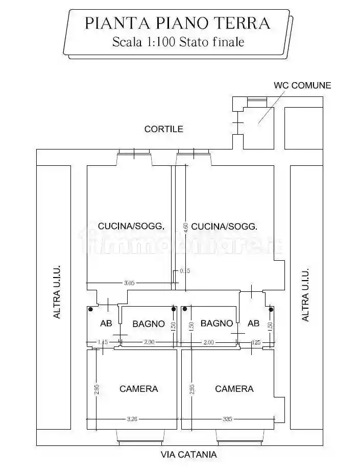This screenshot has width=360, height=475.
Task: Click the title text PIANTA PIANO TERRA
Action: (177, 23)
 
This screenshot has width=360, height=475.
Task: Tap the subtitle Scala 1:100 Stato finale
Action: (177, 42)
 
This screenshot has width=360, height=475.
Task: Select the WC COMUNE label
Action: (302, 85)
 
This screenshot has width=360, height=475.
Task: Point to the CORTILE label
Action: (163, 129)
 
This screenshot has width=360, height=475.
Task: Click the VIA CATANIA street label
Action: (188, 455)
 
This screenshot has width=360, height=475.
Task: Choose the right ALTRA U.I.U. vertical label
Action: (305, 295)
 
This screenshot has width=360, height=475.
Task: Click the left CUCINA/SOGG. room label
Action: (131, 226)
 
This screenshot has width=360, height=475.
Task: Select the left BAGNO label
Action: (149, 323)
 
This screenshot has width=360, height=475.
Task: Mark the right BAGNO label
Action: (217, 323)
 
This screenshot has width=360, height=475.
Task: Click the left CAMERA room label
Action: (138, 389)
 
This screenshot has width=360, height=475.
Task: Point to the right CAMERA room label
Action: (234, 389)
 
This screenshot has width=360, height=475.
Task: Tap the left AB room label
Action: (106, 323)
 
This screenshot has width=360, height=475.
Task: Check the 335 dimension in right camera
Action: (227, 419)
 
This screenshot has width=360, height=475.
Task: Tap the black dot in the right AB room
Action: (270, 309)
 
